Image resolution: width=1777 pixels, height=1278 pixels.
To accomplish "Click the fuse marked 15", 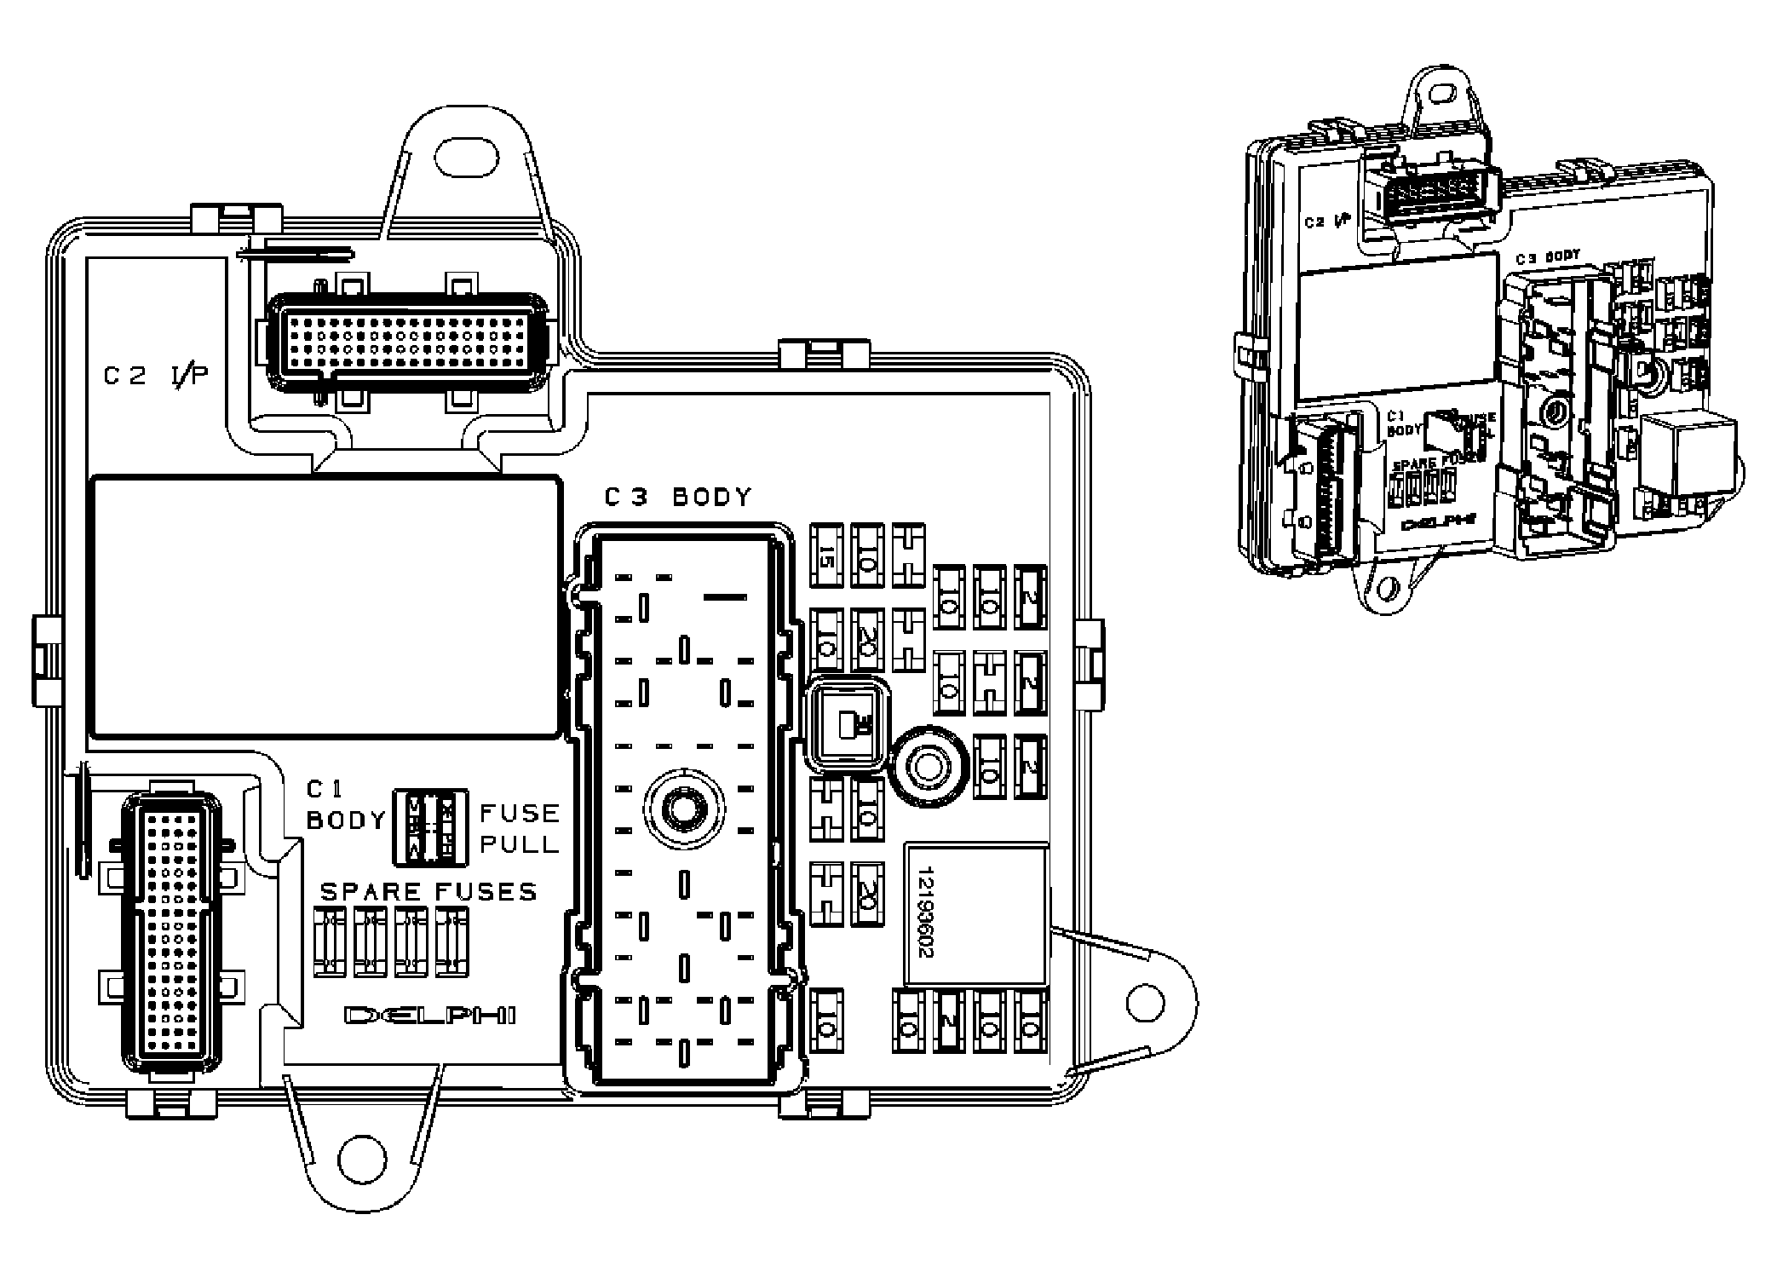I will click(x=825, y=556).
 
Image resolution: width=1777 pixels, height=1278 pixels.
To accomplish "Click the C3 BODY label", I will click(x=678, y=498).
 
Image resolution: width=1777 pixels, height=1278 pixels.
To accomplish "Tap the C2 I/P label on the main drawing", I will click(x=156, y=376).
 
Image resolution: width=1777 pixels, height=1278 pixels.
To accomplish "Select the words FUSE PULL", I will click(x=519, y=827).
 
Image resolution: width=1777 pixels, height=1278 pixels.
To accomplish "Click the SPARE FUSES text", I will click(x=428, y=892).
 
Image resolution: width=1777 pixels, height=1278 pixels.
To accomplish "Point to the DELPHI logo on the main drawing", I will click(x=429, y=1016).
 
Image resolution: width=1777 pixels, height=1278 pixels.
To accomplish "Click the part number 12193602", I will click(x=927, y=912).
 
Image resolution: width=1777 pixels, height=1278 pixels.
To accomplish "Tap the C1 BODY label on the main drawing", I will click(x=345, y=807).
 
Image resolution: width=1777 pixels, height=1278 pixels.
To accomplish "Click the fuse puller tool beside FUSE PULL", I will click(x=430, y=827).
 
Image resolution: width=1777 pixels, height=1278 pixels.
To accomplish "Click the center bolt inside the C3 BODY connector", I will click(x=683, y=806).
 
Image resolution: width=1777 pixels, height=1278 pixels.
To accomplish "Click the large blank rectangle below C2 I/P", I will click(x=325, y=606).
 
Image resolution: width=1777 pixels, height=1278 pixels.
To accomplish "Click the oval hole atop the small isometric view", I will click(x=1442, y=90).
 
